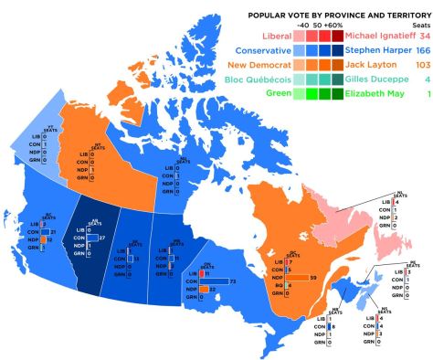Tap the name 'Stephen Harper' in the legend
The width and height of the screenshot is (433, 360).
376,50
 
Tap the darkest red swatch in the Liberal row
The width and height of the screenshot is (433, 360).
335,35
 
